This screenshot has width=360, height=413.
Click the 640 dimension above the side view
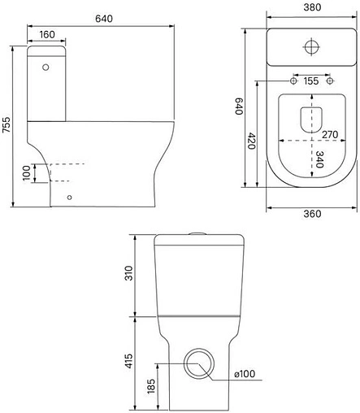104,19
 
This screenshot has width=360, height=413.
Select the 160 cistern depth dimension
47,34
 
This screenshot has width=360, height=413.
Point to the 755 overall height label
6,124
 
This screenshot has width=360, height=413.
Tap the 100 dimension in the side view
26,173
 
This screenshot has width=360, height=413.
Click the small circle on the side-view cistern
46,67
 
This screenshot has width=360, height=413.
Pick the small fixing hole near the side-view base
69,198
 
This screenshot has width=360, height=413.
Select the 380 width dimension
312,7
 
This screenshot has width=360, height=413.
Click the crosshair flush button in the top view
311,46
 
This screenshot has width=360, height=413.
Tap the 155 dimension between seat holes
311,80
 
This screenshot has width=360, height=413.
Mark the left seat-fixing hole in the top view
293,80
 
